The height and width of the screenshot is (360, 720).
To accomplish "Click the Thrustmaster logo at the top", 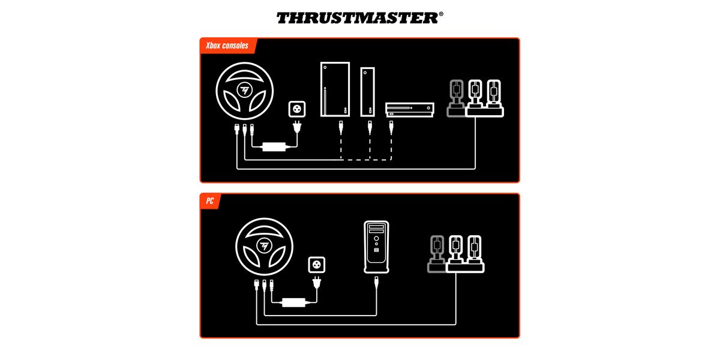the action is [x=359, y=18].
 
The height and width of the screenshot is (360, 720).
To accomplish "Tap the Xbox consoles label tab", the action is [x=227, y=46].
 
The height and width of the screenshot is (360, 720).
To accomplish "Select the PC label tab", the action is [x=210, y=201].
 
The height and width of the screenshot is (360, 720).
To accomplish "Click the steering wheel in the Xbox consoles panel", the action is [x=245, y=91].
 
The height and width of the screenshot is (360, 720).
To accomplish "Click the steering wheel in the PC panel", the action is [x=264, y=247].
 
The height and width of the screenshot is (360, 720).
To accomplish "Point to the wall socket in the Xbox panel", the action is [x=297, y=109].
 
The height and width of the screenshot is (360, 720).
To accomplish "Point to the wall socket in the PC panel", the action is [x=317, y=265].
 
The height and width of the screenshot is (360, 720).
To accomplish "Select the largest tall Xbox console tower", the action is [x=335, y=89].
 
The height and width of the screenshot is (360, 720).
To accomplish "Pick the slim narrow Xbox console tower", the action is [x=367, y=92].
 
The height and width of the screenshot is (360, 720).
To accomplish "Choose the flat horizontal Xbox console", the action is [x=410, y=110].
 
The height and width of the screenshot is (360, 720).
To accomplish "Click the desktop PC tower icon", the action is [x=376, y=247].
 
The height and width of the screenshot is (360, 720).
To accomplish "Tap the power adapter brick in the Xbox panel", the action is [x=274, y=147].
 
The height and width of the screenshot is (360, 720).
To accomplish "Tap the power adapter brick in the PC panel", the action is [x=293, y=302].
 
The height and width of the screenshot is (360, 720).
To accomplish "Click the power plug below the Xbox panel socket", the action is [x=297, y=127].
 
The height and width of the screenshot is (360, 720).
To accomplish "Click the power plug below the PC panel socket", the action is [x=317, y=283].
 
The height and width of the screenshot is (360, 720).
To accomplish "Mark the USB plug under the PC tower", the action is [x=376, y=283].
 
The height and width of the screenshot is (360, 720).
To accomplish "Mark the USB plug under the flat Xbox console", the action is [x=391, y=127].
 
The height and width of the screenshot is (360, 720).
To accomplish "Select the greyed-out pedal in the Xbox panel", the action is [x=457, y=98].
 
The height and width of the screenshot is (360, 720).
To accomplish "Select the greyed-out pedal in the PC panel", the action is [x=437, y=254].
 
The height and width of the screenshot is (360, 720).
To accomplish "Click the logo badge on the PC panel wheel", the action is [x=264, y=246].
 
